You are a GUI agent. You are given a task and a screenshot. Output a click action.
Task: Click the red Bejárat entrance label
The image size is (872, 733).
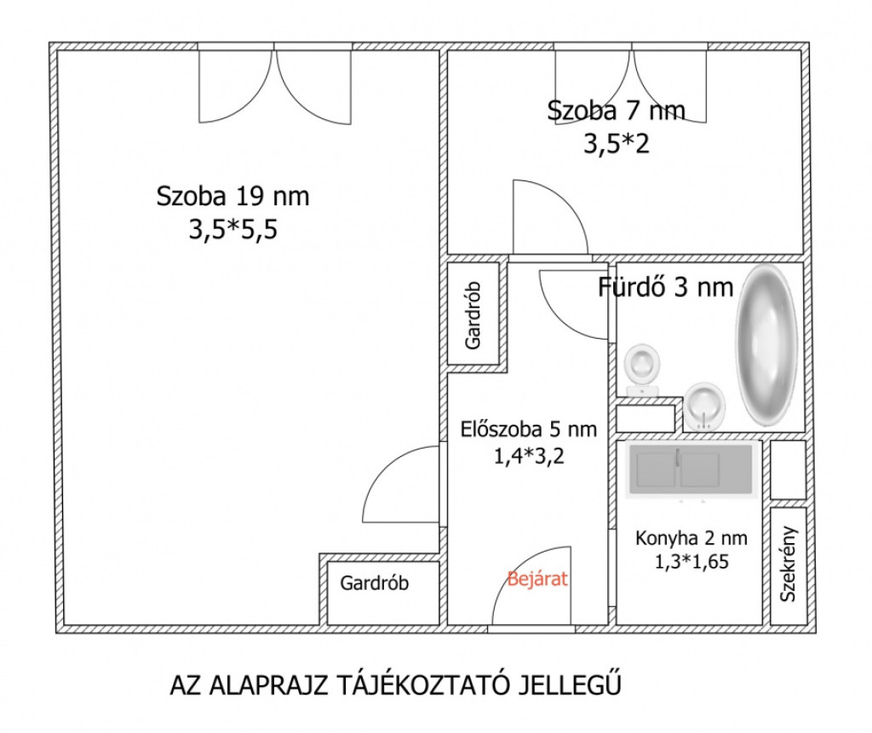[x=537, y=579]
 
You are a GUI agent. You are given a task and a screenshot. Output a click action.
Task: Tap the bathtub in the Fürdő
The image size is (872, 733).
[x=766, y=344]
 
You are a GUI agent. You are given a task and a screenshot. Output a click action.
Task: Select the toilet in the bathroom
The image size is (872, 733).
[x=642, y=369]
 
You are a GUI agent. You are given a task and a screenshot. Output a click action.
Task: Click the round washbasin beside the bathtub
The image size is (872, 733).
[x=704, y=406]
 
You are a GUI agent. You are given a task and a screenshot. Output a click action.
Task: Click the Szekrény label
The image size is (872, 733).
[x=788, y=564]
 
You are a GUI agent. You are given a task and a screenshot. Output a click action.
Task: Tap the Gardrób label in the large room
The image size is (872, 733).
[x=375, y=583]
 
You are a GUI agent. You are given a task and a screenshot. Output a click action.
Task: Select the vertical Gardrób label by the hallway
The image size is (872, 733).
[x=473, y=316]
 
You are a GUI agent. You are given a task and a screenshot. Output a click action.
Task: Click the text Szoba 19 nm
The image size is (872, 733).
[x=232, y=197]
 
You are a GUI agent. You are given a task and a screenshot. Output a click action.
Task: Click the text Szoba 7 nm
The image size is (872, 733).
[x=616, y=111]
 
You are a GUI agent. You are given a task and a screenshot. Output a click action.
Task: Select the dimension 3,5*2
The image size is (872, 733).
[x=617, y=145]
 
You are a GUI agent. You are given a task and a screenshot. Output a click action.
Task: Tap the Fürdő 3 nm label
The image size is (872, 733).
[x=665, y=288]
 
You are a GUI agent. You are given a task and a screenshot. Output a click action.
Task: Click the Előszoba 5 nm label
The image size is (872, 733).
[x=528, y=429]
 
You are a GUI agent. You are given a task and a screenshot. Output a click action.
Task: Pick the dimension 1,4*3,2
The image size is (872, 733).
[x=529, y=456]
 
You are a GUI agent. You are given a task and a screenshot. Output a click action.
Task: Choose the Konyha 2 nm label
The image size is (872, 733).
[x=691, y=538]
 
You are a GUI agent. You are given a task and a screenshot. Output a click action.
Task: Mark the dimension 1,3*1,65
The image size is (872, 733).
[x=691, y=562]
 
